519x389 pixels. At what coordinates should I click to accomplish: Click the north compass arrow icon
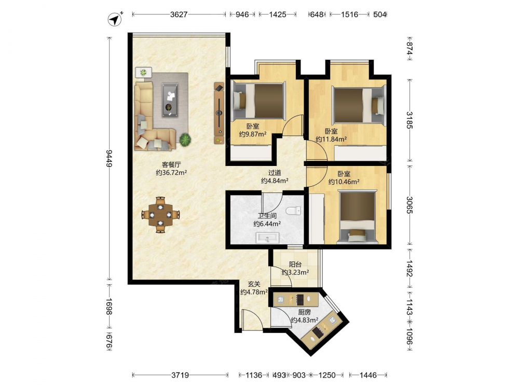pyautogui.click(x=115, y=19)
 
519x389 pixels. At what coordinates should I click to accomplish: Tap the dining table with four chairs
pyautogui.click(x=160, y=215)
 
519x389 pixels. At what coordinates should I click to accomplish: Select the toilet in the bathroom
pyautogui.click(x=294, y=211)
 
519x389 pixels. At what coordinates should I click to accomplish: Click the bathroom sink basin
pyautogui.click(x=267, y=238)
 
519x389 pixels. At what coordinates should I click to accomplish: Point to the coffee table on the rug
pyautogui.click(x=170, y=100)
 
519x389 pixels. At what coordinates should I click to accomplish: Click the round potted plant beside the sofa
pyautogui.click(x=185, y=139)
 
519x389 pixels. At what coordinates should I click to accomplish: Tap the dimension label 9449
pyautogui.click(x=109, y=158)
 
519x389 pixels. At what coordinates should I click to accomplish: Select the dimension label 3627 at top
pyautogui.click(x=179, y=14)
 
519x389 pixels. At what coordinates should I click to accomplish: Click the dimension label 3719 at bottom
pyautogui.click(x=180, y=375)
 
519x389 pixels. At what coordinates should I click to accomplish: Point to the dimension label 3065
pyautogui.click(x=409, y=205)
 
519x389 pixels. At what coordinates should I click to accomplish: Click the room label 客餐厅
pyautogui.click(x=171, y=164)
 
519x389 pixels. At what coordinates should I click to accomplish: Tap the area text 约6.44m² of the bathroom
pyautogui.click(x=267, y=224)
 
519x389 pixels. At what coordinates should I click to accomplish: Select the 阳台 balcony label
pyautogui.click(x=295, y=265)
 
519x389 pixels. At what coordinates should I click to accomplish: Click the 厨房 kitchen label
pyautogui.click(x=305, y=312)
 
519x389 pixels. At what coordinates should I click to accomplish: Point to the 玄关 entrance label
pyautogui.click(x=254, y=284)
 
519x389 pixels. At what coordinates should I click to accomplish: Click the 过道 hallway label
pyautogui.click(x=275, y=172)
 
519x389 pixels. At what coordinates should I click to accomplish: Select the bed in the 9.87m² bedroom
pyautogui.click(x=259, y=101)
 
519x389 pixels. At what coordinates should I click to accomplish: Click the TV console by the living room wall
pyautogui.click(x=219, y=114)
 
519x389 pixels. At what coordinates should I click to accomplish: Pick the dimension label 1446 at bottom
pyautogui.click(x=368, y=375)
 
